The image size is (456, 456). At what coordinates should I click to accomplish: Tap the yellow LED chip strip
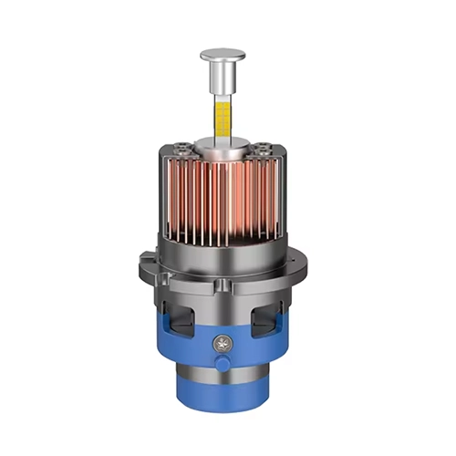223,117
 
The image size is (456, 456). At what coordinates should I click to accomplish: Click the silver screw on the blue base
221,345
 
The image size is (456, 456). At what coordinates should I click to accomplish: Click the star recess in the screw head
221,345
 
